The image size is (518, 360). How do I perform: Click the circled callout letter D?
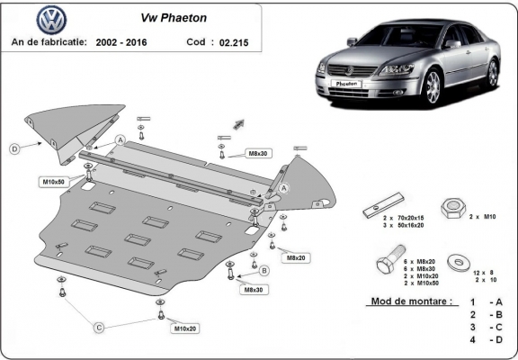(14, 148)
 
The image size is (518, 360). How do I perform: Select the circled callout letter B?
(264, 270)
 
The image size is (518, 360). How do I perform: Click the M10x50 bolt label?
(53, 182)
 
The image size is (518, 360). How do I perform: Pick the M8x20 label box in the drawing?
(294, 257)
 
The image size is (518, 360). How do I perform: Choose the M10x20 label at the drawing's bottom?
(186, 328)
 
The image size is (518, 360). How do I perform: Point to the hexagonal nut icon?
(451, 207)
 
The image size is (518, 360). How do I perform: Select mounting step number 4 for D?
(472, 341)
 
